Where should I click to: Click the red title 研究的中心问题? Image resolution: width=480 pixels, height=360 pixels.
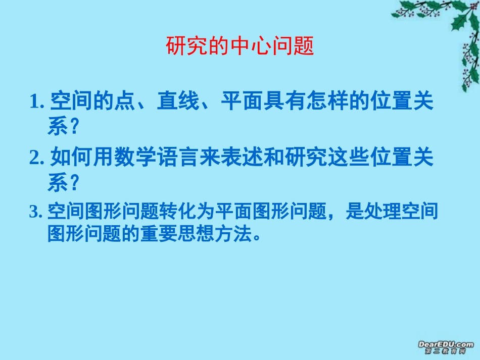pyautogui.click(x=240, y=46)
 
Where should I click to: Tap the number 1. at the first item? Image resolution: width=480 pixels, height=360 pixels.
pyautogui.click(x=38, y=102)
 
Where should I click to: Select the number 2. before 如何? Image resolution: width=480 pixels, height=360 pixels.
pyautogui.click(x=38, y=158)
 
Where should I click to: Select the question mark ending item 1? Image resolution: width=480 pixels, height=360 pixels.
pyautogui.click(x=75, y=127)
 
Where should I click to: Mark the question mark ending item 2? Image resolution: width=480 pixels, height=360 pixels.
pyautogui.click(x=75, y=183)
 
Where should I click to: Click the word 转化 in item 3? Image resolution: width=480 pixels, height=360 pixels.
pyautogui.click(x=175, y=213)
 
